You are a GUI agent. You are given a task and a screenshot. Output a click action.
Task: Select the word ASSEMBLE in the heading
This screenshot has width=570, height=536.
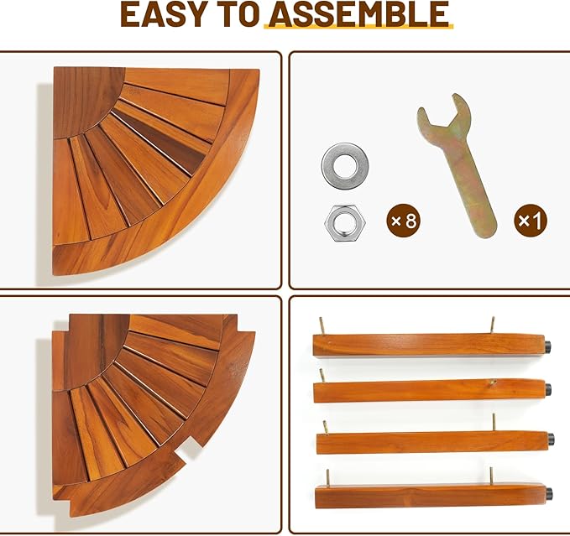(x=358, y=14)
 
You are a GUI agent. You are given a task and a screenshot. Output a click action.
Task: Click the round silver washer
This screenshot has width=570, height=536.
(x=345, y=165)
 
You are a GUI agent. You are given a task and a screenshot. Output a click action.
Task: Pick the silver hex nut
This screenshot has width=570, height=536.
(x=345, y=223)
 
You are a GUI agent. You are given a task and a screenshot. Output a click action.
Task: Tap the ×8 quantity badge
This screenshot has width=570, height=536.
(x=403, y=221)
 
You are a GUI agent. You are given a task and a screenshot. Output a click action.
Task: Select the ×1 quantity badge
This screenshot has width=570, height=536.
(x=531, y=221)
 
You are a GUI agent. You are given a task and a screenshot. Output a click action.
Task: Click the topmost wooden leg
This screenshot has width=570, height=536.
(x=429, y=345)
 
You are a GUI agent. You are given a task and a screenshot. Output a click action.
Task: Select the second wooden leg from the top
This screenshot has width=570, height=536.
(x=430, y=391)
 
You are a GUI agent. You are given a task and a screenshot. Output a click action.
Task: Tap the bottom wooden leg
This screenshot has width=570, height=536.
(x=431, y=497)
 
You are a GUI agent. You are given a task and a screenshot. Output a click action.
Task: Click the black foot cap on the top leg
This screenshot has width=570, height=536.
(x=547, y=346)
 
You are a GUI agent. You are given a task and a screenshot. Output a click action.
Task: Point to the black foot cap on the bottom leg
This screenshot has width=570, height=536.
(x=549, y=493)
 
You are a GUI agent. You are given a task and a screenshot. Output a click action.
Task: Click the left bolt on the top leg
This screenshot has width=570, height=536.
(x=322, y=325)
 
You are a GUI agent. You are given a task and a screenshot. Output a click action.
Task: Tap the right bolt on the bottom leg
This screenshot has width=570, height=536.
(x=491, y=476)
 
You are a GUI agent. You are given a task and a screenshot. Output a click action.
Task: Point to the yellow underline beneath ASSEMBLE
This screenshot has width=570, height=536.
(x=358, y=26)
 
